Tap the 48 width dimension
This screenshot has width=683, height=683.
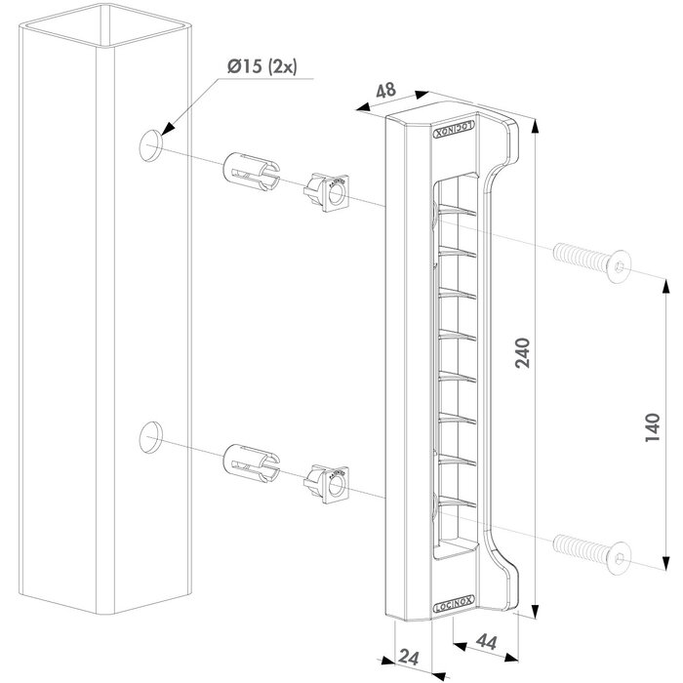(x=384, y=90)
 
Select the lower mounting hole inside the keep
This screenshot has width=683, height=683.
(x=430, y=500)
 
